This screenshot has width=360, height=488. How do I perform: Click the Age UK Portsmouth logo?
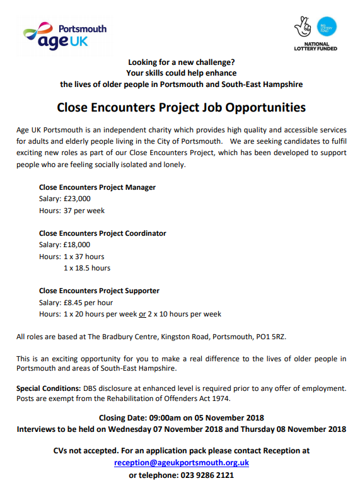(64, 35)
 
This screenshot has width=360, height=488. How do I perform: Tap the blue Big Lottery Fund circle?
(326, 27)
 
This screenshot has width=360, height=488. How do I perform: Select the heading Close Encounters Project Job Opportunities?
(181, 107)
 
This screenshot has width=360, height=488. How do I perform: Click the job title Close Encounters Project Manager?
(97, 187)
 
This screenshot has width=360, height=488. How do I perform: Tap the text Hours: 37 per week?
(72, 211)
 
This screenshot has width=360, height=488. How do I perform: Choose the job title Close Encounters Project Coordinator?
(102, 233)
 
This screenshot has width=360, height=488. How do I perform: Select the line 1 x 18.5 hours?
(87, 268)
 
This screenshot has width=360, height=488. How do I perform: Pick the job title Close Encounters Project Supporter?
(99, 291)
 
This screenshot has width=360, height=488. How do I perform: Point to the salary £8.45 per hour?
(87, 303)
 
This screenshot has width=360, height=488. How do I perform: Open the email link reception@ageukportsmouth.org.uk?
(182, 462)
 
